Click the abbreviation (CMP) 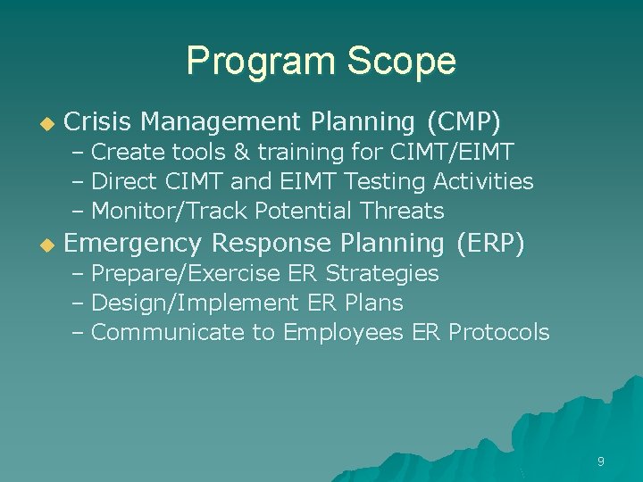[463, 120]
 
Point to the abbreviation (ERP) [489, 243]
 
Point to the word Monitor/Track [170, 212]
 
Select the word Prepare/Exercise [186, 273]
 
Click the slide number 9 [600, 461]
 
